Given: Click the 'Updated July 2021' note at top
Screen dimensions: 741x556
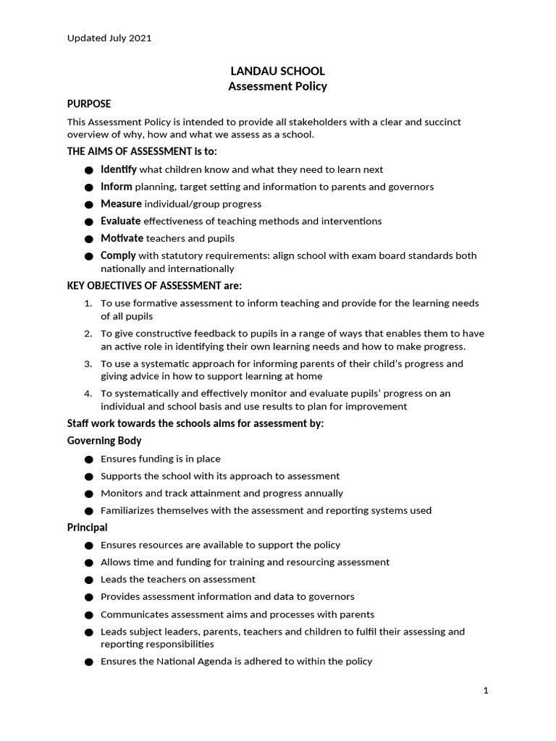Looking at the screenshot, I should [x=109, y=38].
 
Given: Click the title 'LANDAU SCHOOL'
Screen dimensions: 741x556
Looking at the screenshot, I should [x=277, y=71].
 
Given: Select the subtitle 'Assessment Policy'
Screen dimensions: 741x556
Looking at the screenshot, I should [x=277, y=87].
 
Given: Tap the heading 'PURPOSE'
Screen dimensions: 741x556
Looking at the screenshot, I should [x=89, y=104].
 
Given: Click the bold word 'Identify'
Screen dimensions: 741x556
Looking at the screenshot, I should [x=119, y=169].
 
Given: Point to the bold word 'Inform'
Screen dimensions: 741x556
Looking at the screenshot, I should [x=117, y=187].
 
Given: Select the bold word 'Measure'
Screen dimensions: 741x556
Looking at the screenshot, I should [x=122, y=204].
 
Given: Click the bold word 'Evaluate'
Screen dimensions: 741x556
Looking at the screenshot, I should [x=121, y=221].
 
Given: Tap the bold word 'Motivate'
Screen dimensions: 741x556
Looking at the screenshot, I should [x=122, y=238].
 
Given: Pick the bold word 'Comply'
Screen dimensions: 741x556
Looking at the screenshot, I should [x=118, y=255].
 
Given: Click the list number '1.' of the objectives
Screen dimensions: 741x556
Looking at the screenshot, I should [x=88, y=303].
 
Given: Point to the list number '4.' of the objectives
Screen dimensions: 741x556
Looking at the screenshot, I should [x=88, y=394].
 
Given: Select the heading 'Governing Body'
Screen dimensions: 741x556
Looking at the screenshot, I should [x=104, y=441].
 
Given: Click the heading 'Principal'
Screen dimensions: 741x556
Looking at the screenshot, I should [x=88, y=528].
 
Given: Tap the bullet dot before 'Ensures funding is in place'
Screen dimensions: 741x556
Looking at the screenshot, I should [x=88, y=460].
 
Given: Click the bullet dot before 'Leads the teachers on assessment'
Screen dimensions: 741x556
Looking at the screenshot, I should [x=88, y=580].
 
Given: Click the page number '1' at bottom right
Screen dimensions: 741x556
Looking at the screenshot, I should [x=486, y=691].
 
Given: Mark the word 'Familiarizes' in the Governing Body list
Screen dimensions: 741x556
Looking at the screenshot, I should [x=129, y=511].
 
